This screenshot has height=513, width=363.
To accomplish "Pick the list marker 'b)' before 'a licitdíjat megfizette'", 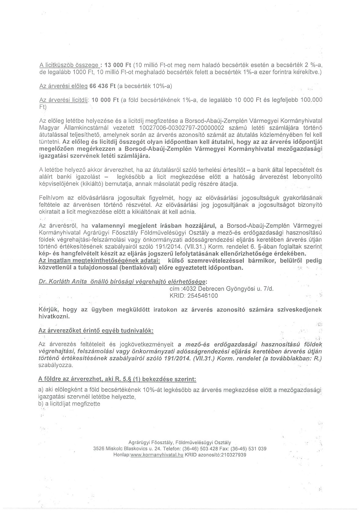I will pyautogui.click(x=41, y=404).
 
